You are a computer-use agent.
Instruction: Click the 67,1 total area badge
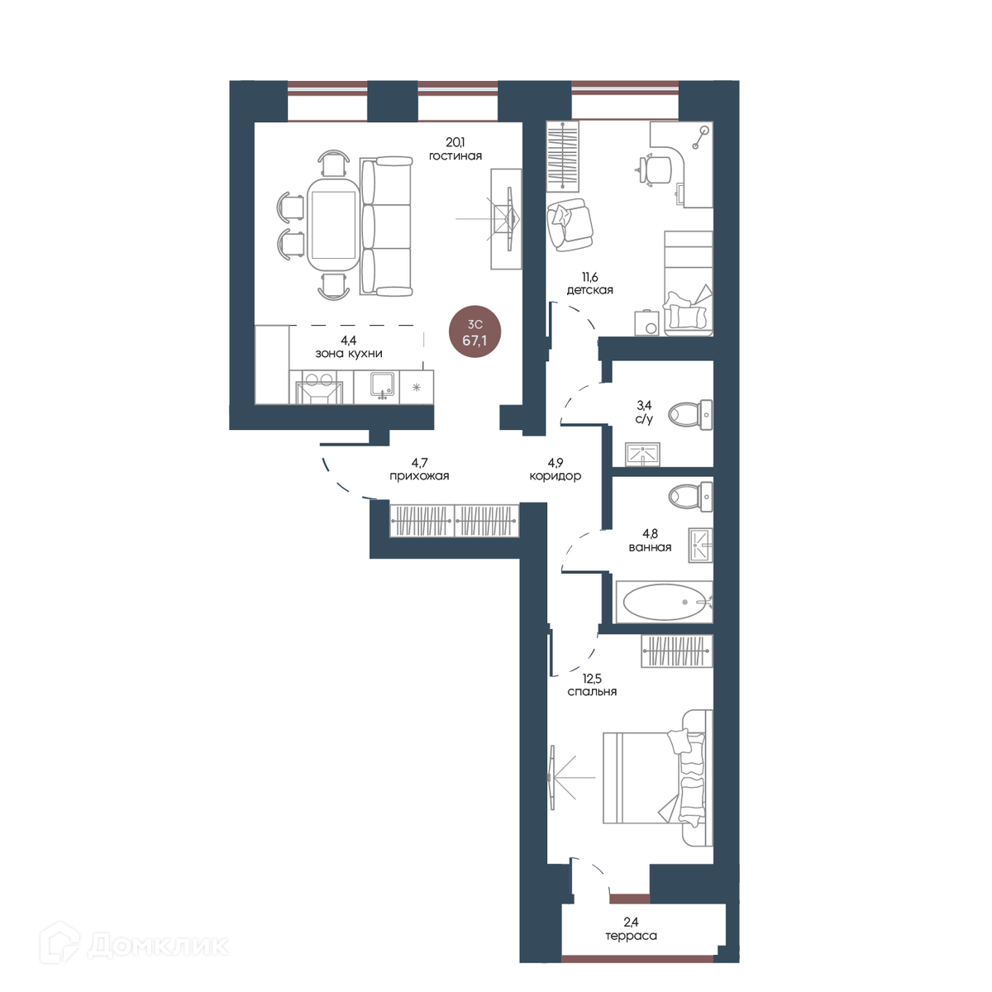point(475,332)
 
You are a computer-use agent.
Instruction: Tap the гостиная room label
point(455,156)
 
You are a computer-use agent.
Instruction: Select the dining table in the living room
point(333,226)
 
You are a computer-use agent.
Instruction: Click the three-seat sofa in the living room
point(386,226)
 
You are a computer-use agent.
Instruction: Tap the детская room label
point(589,290)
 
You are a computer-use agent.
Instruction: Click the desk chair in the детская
point(654,169)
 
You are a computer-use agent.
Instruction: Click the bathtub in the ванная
point(664,602)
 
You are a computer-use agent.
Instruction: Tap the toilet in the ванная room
point(689,497)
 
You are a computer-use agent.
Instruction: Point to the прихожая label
point(419,475)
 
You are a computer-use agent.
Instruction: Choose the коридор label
point(555,475)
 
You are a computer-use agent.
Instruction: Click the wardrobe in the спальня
point(677,651)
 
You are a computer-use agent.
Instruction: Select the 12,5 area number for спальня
point(592,679)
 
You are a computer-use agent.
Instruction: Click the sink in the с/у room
point(642,454)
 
